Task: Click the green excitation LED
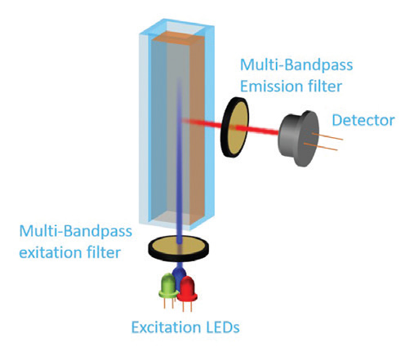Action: click(168, 286)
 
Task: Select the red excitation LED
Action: click(187, 290)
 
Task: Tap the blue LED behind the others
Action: click(178, 275)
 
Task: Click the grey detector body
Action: click(298, 138)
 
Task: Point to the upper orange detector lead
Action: click(327, 136)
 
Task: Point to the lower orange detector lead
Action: click(321, 146)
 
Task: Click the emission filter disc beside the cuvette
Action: click(235, 127)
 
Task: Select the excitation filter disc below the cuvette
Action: click(179, 248)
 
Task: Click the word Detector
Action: click(363, 120)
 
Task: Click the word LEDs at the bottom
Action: click(223, 327)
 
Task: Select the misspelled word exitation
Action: click(51, 253)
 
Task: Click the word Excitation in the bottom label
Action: click(167, 327)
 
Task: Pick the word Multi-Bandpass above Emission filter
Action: click(296, 65)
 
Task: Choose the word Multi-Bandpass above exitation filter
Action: click(76, 232)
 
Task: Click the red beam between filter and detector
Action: click(257, 131)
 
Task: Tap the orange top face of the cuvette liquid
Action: click(179, 38)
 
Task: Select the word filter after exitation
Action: click(104, 253)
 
